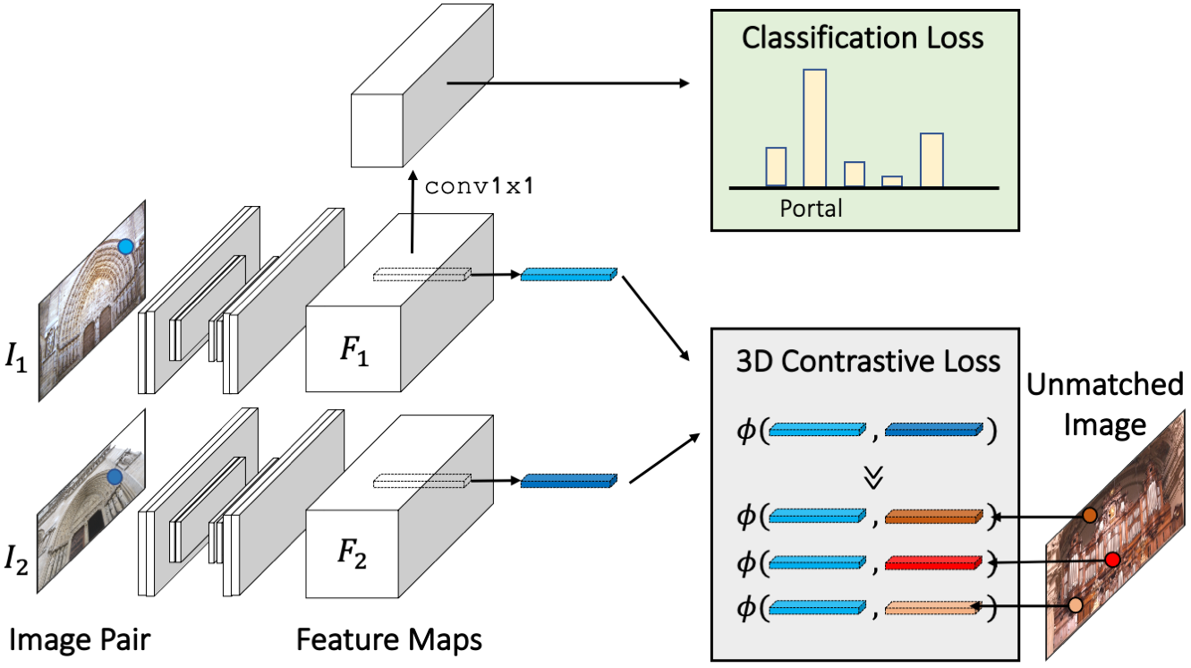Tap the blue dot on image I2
(x=115, y=478)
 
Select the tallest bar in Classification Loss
(x=814, y=127)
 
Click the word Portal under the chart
(x=811, y=209)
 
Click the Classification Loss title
(x=863, y=39)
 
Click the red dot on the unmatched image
(x=1112, y=560)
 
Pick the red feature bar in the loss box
(x=933, y=562)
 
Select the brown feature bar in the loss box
(x=933, y=515)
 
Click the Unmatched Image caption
(x=1103, y=403)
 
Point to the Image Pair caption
(x=80, y=639)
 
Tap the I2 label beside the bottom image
(x=18, y=562)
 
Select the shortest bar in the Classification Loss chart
(x=892, y=181)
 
